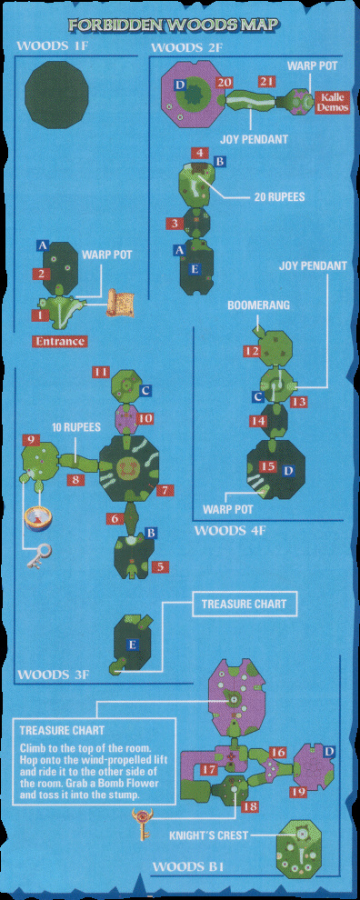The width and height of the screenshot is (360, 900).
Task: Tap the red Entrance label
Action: (x=60, y=342)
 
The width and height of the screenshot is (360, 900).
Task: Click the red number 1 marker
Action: (x=40, y=315)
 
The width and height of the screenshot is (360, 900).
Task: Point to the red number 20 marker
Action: (x=225, y=83)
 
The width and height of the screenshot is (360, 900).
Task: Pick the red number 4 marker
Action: (x=199, y=153)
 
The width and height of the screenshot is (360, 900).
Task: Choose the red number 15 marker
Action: (x=267, y=466)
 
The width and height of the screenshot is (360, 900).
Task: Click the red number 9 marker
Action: (x=30, y=441)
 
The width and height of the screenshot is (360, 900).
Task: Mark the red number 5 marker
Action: (x=160, y=567)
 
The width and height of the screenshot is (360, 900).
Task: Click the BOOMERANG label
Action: (x=249, y=305)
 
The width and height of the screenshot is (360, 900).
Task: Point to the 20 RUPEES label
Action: (x=279, y=197)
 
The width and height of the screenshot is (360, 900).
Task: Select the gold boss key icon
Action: (x=142, y=816)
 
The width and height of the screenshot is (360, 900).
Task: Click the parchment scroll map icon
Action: (x=120, y=303)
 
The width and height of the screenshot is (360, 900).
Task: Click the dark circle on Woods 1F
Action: (x=57, y=95)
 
